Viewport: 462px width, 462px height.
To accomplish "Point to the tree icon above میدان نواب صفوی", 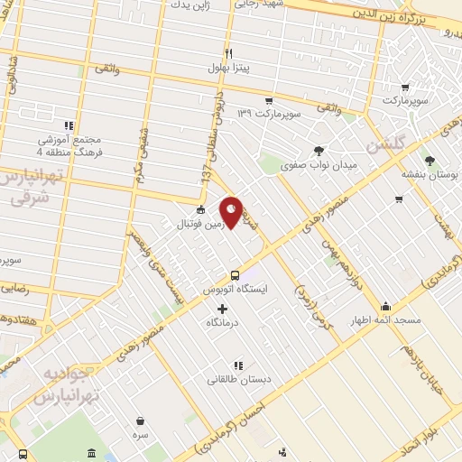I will coord(318,151).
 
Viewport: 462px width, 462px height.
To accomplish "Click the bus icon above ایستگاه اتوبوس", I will coord(235,275).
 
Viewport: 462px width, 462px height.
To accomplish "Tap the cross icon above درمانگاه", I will coord(223,309).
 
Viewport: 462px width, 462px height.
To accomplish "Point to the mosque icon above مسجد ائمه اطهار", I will coord(386,305).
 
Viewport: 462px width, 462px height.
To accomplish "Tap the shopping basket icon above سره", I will coord(141,420).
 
